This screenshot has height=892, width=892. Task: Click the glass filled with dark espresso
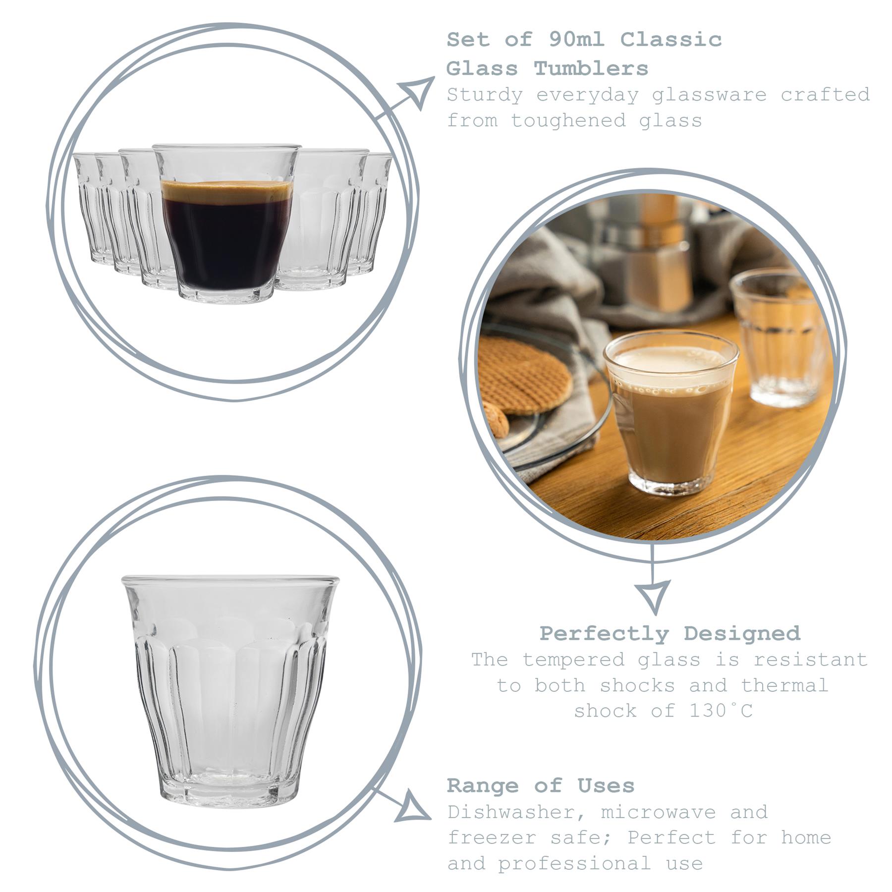click(x=227, y=233)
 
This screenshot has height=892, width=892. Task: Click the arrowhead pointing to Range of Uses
click(x=414, y=805)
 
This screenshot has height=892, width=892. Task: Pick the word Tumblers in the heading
click(x=591, y=68)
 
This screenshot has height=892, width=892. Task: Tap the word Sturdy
click(x=485, y=95)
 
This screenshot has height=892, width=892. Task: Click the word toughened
click(x=568, y=120)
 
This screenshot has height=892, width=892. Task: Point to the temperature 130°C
click(x=721, y=711)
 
